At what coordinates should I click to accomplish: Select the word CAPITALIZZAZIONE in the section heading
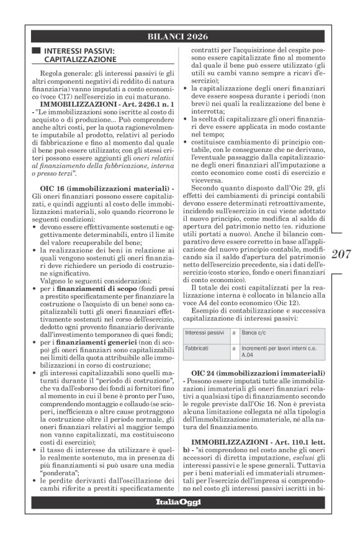pyautogui.click(x=81, y=60)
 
